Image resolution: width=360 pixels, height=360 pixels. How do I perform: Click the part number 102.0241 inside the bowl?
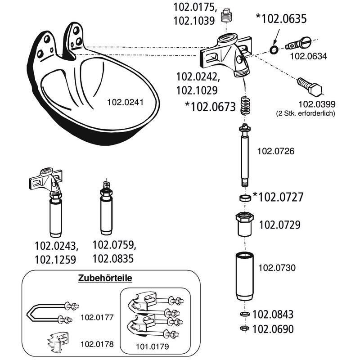(126, 102)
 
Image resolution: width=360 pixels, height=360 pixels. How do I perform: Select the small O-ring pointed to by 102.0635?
(274, 49)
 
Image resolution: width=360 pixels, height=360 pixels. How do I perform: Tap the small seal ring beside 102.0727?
(245, 198)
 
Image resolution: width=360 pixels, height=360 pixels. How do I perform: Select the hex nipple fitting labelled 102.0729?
(246, 224)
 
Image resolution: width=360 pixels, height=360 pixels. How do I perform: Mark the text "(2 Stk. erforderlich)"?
(306, 114)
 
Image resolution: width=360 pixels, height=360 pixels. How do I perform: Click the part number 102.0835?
(114, 259)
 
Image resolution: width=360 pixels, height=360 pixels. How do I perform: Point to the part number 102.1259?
(56, 260)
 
